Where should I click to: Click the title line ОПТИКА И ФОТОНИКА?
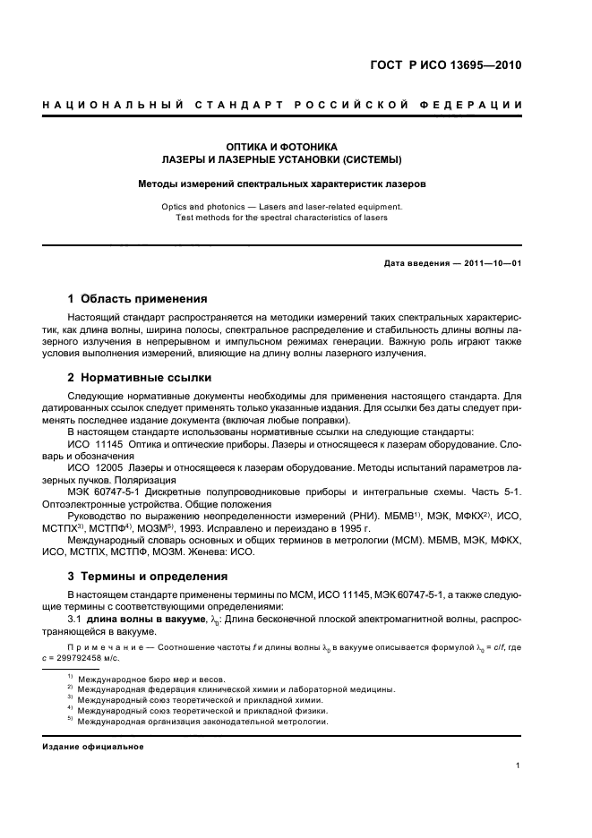click(x=281, y=146)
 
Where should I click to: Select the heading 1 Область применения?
click(x=138, y=298)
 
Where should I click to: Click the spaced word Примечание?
click(x=107, y=645)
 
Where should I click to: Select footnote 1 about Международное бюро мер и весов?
click(x=151, y=680)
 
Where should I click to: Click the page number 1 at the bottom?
click(x=519, y=765)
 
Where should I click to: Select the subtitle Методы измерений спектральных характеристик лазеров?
click(x=281, y=184)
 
